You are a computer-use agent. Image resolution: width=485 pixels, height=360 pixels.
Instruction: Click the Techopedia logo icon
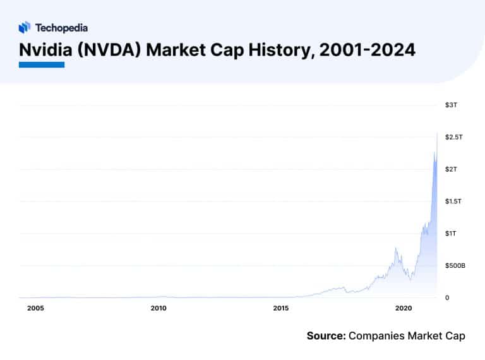coord(25,27)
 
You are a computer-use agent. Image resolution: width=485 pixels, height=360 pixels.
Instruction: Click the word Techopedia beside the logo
coord(61,28)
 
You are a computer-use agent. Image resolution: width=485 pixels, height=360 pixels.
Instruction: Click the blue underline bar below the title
coord(42,64)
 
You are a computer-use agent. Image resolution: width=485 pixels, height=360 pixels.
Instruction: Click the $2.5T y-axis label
coord(454,137)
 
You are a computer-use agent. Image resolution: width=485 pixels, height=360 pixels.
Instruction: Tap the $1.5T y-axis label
coord(454,201)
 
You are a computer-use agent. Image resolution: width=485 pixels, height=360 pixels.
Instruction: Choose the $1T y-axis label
coord(450,234)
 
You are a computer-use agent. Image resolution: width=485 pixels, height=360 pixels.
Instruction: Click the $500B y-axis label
coord(455,266)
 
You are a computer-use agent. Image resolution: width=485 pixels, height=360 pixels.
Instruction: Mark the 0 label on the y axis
coord(447,297)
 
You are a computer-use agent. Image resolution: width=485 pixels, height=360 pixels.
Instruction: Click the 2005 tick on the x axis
coord(35,308)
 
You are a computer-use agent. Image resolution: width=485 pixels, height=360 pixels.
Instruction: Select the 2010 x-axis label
coord(159,308)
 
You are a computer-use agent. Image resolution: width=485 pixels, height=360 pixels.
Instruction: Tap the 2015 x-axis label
coord(281,308)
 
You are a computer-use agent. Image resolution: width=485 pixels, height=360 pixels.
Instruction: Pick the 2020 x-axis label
coord(404,308)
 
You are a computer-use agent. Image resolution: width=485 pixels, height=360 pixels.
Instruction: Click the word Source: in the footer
coord(326,336)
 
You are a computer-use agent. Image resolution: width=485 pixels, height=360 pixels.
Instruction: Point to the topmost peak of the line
coord(437,133)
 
